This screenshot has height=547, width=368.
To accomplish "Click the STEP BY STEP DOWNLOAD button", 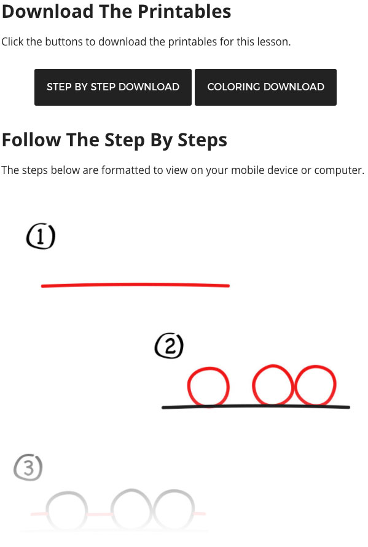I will [x=113, y=87].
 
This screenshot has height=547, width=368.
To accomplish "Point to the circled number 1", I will [x=41, y=237].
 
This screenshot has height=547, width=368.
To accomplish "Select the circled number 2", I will [x=169, y=347].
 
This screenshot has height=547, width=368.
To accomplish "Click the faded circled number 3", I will [x=28, y=468].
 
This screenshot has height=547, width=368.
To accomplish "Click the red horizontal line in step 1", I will [x=135, y=285].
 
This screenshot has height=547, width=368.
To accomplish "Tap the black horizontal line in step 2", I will [x=255, y=407].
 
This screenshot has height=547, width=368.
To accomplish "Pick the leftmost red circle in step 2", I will [x=208, y=387].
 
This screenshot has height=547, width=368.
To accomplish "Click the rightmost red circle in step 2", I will [x=316, y=386].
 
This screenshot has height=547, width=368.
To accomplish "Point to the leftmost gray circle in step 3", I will [x=66, y=511].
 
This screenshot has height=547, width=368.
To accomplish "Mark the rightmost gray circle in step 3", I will [x=174, y=510].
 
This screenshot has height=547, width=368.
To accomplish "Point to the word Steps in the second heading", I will [x=202, y=140].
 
